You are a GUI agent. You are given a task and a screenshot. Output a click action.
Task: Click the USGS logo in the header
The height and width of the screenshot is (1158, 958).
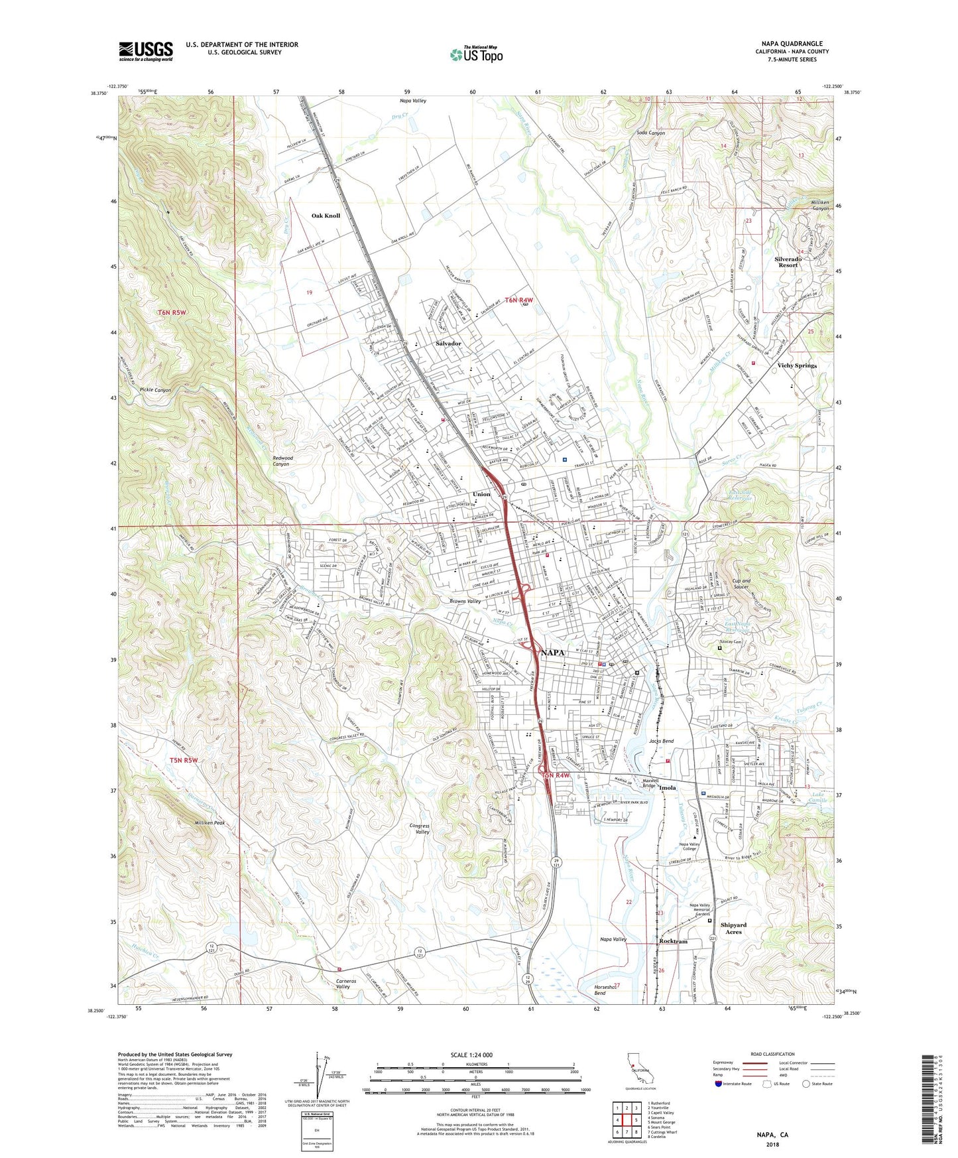click(145, 51)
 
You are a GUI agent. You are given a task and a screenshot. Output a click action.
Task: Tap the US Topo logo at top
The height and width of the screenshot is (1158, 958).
click(476, 54)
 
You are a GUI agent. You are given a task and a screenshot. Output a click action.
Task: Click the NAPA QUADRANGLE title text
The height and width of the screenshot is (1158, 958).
click(792, 44)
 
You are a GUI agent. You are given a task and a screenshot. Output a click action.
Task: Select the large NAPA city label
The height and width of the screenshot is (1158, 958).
click(552, 653)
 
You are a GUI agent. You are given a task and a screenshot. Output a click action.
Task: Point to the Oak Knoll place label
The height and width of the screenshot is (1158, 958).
click(326, 216)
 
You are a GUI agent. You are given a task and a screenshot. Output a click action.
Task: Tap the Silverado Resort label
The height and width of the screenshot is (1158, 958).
click(788, 262)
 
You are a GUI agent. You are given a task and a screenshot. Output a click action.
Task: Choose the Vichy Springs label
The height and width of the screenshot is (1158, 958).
click(797, 365)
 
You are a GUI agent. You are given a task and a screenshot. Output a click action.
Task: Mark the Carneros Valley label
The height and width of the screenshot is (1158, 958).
click(352, 983)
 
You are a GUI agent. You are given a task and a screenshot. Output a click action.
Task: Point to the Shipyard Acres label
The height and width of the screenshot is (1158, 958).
click(733, 928)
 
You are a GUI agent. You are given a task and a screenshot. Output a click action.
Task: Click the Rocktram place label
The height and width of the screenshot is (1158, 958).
click(673, 941)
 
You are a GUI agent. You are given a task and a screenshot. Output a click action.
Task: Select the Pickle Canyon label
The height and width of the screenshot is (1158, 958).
click(154, 390)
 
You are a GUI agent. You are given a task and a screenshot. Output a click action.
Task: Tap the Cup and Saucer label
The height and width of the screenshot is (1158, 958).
click(741, 584)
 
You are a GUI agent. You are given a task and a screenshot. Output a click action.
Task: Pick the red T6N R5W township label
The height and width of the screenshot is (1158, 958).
click(172, 312)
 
